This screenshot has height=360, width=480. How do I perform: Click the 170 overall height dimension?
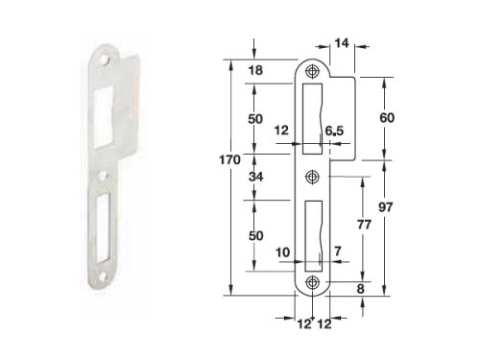[229, 159]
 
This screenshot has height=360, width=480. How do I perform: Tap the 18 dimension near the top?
[255, 70]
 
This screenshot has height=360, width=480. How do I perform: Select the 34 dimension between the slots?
[255, 177]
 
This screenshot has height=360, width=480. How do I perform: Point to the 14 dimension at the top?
[342, 43]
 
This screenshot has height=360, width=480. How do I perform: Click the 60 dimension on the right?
[387, 118]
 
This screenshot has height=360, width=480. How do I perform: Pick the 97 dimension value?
[385, 207]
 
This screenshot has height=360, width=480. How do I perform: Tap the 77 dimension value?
[364, 225]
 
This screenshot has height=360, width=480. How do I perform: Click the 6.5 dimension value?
[334, 131]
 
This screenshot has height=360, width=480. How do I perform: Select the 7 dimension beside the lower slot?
[338, 252]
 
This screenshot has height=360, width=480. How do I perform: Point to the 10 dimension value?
[282, 252]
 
